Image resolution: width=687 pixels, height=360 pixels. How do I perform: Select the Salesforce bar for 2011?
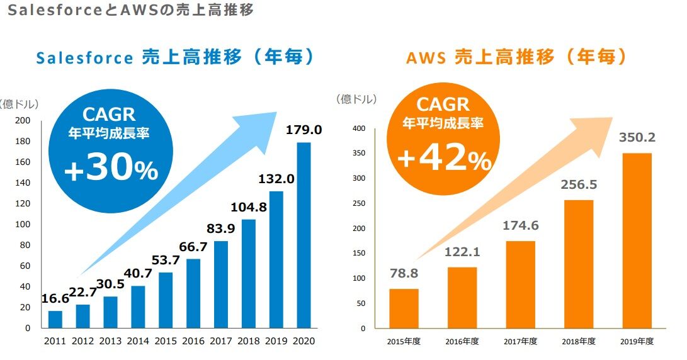pyautogui.click(x=55, y=319)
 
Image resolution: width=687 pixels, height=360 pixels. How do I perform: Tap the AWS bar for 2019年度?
pyautogui.click(x=637, y=240)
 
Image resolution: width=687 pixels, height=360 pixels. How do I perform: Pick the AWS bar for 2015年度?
pyautogui.click(x=404, y=308)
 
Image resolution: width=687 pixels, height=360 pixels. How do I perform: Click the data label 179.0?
pyautogui.click(x=304, y=130)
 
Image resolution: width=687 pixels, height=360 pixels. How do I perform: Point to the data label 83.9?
pyautogui.click(x=220, y=228)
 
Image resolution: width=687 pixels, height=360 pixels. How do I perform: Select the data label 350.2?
pyautogui.click(x=636, y=137)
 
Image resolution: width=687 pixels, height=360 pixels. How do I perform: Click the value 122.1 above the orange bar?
pyautogui.click(x=462, y=252)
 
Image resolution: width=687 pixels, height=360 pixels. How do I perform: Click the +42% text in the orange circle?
pyautogui.click(x=443, y=159)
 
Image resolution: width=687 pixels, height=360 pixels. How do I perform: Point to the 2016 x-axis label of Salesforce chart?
pyautogui.click(x=193, y=342)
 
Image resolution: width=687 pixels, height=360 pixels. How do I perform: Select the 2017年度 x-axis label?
pyautogui.click(x=520, y=342)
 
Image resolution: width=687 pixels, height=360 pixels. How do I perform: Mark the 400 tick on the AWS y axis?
pyautogui.click(x=359, y=128)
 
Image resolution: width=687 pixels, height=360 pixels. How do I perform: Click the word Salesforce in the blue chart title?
pyautogui.click(x=84, y=58)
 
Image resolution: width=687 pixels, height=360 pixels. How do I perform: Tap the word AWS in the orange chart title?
pyautogui.click(x=426, y=58)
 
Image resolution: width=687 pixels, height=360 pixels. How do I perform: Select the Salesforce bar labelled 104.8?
pyautogui.click(x=248, y=273)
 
